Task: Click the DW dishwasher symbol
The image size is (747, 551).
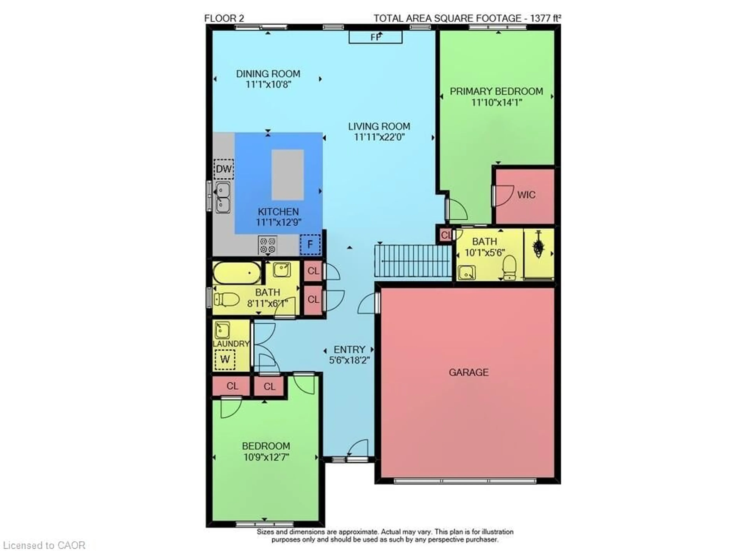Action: [x=223, y=169]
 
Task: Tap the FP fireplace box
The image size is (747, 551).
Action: [x=375, y=37]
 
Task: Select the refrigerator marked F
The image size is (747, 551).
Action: [x=310, y=245]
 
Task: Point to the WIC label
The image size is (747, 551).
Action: [x=526, y=195]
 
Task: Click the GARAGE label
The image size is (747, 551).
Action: [x=468, y=372]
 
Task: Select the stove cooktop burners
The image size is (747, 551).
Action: [x=267, y=245]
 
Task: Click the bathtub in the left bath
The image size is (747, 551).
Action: [x=237, y=273]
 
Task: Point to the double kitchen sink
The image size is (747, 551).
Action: [x=223, y=197]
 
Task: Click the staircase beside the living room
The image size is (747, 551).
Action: [x=413, y=261]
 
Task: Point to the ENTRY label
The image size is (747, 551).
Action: [x=349, y=349]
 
